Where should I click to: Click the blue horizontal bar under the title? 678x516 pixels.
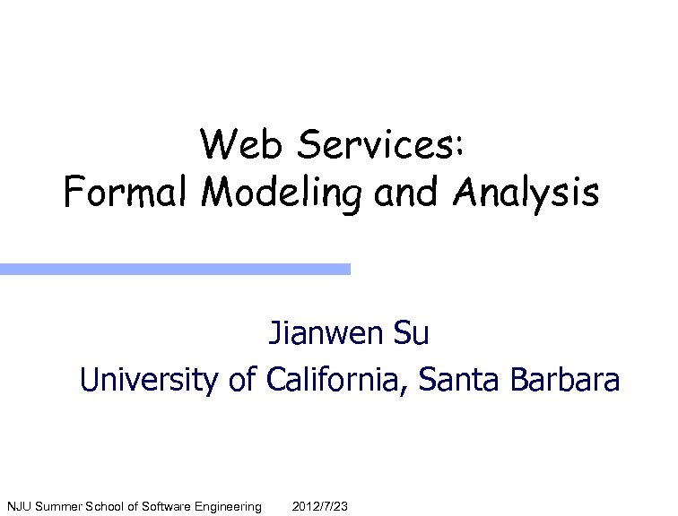click(174, 269)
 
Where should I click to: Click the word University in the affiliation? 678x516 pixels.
click(148, 380)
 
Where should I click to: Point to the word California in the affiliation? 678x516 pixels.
click(338, 380)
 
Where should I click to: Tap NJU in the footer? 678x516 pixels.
click(19, 507)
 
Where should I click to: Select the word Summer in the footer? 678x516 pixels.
click(56, 507)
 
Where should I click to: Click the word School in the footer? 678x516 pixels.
click(105, 507)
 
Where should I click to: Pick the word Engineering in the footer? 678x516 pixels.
click(230, 508)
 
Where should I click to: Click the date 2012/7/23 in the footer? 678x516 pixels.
click(320, 507)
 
